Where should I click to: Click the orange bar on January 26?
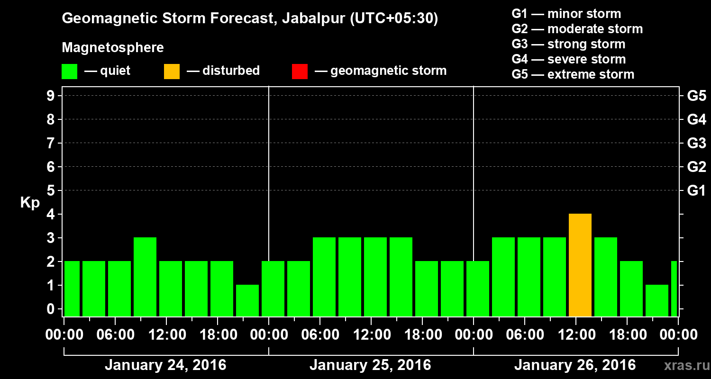tap(580, 265)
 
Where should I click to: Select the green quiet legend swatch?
tap(70, 72)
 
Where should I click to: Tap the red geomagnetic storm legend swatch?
tap(300, 72)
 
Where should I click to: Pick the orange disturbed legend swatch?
tap(172, 72)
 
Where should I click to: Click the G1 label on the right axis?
tap(696, 191)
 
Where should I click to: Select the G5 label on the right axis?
tap(696, 96)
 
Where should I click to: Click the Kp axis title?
tap(30, 203)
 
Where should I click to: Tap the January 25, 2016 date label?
tap(370, 365)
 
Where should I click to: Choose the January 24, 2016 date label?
tap(165, 365)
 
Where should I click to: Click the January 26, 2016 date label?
tap(575, 365)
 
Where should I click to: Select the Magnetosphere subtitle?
tap(113, 48)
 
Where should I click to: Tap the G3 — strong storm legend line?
tap(568, 44)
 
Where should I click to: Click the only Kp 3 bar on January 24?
tap(145, 277)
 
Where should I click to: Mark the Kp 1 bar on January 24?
tap(247, 300)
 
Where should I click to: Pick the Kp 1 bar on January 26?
tap(656, 300)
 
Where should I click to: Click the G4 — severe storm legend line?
tap(569, 59)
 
